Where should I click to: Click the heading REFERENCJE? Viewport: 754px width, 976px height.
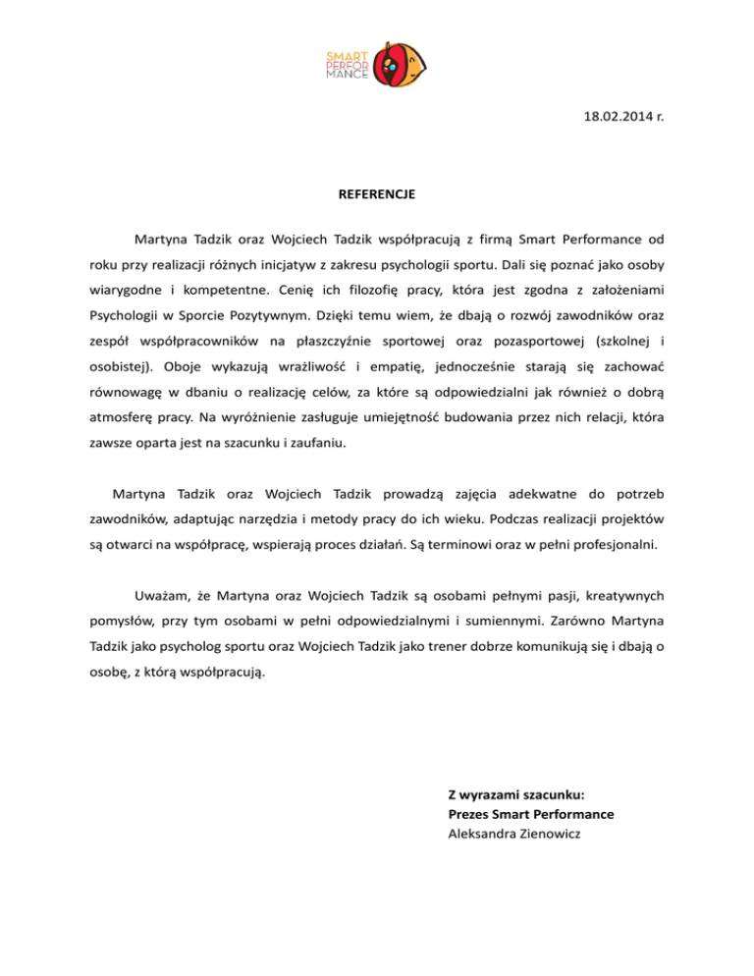(x=376, y=194)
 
